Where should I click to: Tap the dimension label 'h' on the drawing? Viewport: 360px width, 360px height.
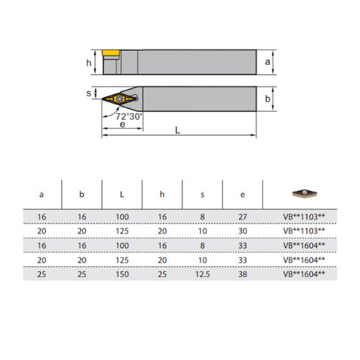[89, 63]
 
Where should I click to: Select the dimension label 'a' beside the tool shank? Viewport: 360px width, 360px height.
[268, 63]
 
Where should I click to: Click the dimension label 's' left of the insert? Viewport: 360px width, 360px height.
[89, 94]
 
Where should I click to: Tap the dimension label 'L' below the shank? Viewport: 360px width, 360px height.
[178, 129]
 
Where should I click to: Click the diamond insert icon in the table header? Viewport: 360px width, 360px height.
[302, 193]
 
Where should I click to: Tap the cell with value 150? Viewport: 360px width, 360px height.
[121, 273]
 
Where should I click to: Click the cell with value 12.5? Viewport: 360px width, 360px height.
[202, 273]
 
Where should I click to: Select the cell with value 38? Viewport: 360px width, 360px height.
[242, 273]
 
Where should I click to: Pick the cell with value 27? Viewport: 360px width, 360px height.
[242, 217]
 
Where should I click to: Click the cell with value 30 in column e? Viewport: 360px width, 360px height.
[242, 231]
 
